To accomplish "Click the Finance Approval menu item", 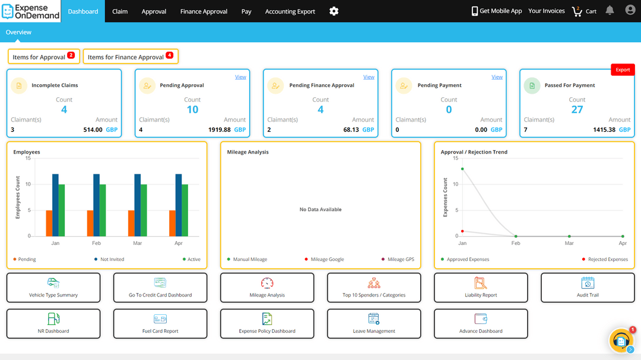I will point(204,11).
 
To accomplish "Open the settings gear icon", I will point(334,11).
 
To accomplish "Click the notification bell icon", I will point(610,11).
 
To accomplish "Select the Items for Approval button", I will point(43,57).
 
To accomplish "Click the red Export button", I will point(623,70).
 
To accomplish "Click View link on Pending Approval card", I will point(240,77).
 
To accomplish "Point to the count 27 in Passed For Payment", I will point(577,110).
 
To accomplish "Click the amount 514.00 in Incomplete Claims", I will point(93,130).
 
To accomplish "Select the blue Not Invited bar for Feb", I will point(96,205).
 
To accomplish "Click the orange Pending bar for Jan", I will point(49,223).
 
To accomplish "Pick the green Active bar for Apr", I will point(185,210).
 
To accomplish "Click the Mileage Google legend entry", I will point(327,260).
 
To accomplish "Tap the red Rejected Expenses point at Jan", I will point(462,231).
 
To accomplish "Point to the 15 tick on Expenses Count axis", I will point(455,158).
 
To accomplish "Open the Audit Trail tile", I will point(588,288).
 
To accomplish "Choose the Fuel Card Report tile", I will point(160,324).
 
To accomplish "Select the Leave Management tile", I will point(374,324).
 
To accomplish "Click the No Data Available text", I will point(320,209).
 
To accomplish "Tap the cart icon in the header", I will point(577,11).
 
